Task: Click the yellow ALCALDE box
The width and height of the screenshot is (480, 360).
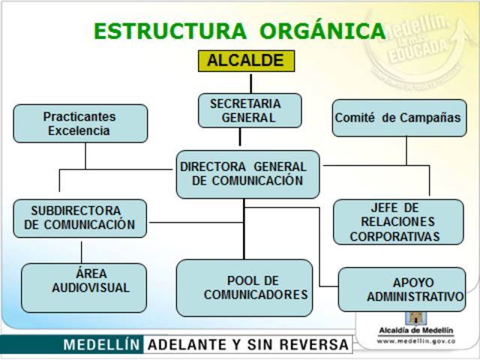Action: [x=246, y=61]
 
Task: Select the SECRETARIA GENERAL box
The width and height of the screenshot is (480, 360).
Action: [x=250, y=110]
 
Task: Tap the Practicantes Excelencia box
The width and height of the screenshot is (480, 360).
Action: [x=80, y=123]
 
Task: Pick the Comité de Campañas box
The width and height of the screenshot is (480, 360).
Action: [x=397, y=118]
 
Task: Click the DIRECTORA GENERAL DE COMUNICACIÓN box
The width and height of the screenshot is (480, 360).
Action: [x=247, y=174]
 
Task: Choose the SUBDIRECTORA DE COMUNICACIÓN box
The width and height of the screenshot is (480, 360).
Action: [x=80, y=217]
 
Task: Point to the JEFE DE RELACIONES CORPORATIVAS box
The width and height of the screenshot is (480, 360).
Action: [x=397, y=221]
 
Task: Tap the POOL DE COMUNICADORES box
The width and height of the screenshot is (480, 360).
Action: [x=244, y=287]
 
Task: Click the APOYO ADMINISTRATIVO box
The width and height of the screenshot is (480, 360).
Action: [x=402, y=289]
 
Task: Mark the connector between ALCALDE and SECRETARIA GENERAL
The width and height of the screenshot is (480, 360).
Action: [x=250, y=82]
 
